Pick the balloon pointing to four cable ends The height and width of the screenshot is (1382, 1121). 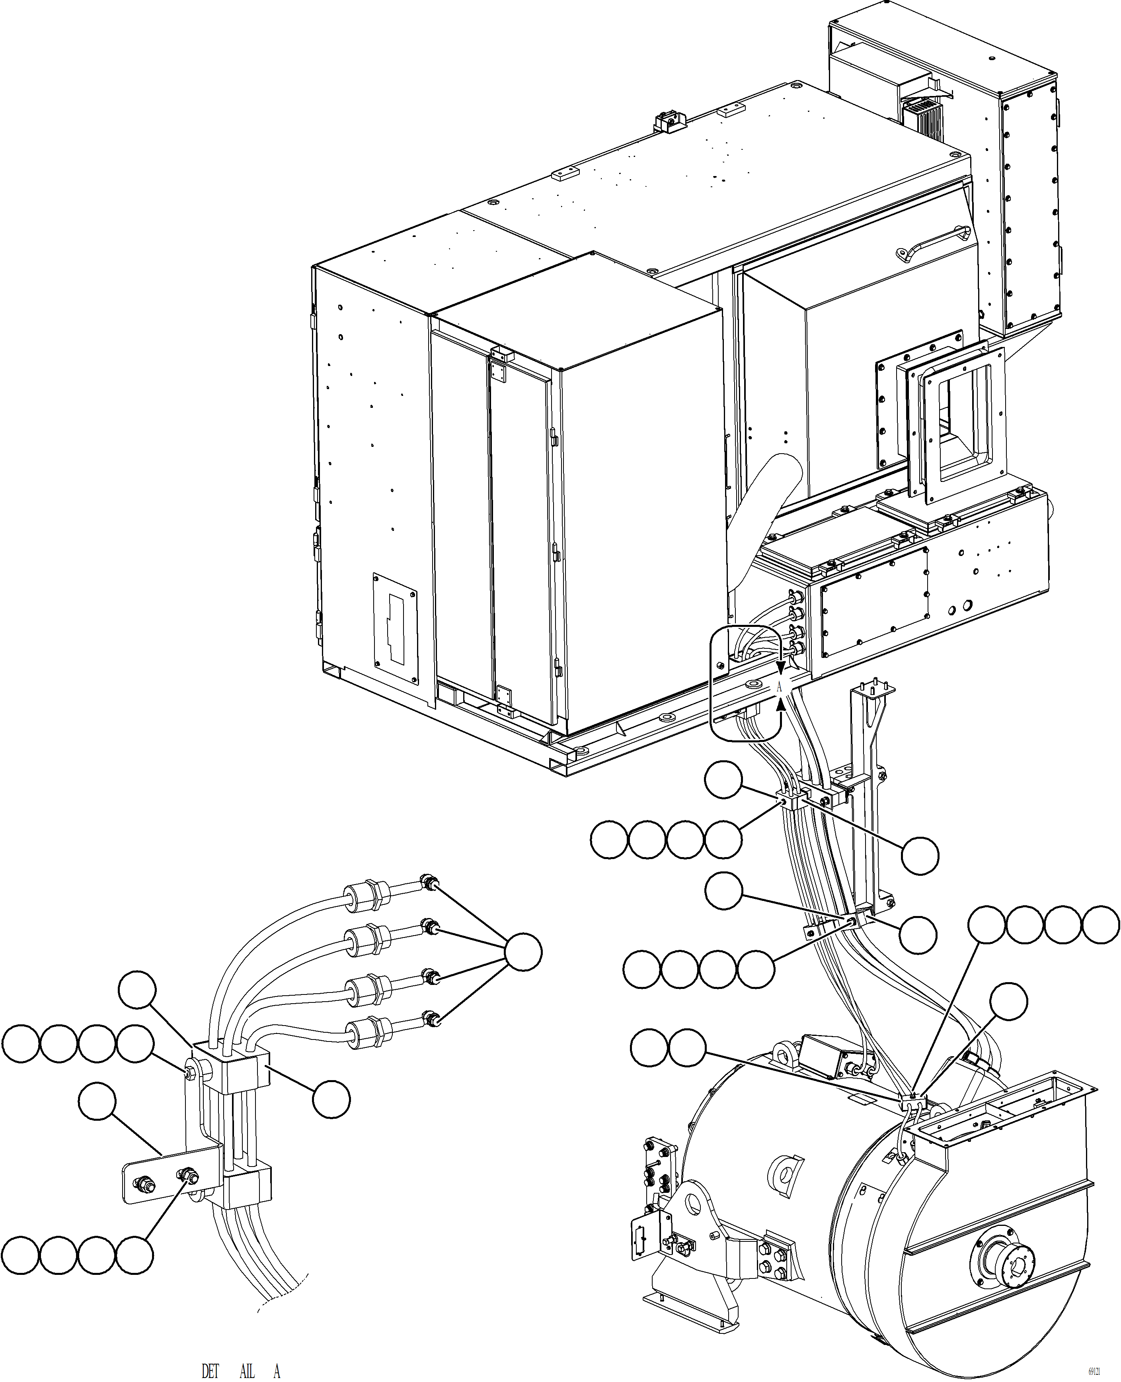tap(523, 952)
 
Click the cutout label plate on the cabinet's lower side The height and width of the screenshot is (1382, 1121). tap(394, 628)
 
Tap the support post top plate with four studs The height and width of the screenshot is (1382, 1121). tap(875, 691)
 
